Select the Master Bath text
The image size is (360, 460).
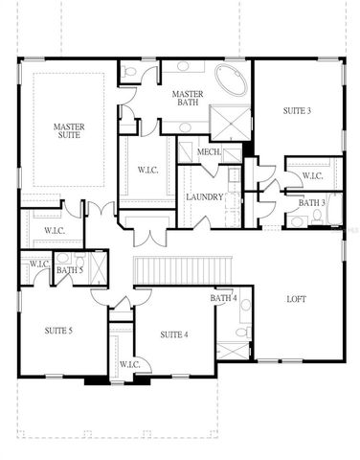(x=185, y=99)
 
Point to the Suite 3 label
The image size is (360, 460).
(x=297, y=111)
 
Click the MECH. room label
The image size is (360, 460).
(x=209, y=151)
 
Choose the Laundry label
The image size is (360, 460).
(x=205, y=197)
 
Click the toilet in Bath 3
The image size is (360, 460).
(x=298, y=221)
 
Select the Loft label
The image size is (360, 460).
(x=297, y=299)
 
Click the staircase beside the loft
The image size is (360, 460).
(x=182, y=271)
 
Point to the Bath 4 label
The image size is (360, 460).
(x=223, y=299)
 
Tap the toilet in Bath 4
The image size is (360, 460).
(x=243, y=333)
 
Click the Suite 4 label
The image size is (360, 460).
(x=173, y=333)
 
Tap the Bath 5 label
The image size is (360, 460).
(x=69, y=270)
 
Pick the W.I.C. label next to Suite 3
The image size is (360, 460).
(x=312, y=175)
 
